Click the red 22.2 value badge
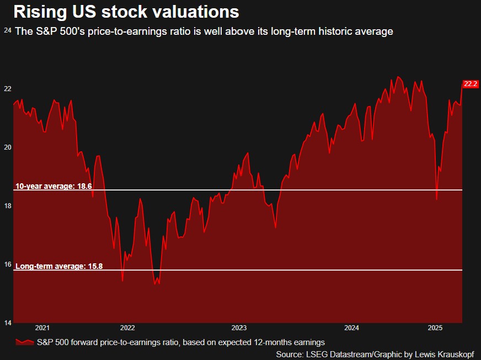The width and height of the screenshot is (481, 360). (471, 84)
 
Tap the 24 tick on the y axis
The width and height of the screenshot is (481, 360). (7, 30)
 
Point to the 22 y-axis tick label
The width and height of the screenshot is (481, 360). (7, 89)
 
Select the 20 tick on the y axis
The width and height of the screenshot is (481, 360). (7, 147)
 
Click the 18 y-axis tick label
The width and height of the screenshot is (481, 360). (7, 206)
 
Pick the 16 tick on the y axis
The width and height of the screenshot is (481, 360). (7, 264)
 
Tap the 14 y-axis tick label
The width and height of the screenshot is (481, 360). (7, 323)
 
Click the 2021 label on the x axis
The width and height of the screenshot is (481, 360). (42, 328)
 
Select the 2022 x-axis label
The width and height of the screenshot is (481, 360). (127, 328)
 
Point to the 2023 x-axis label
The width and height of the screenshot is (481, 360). (239, 328)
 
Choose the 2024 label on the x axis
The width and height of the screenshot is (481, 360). (351, 328)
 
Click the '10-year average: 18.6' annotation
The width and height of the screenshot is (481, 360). (53, 187)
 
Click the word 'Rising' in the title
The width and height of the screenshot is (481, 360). (39, 12)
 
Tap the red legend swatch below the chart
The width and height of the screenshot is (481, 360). (24, 342)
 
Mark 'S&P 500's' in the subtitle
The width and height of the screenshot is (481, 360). (58, 31)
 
